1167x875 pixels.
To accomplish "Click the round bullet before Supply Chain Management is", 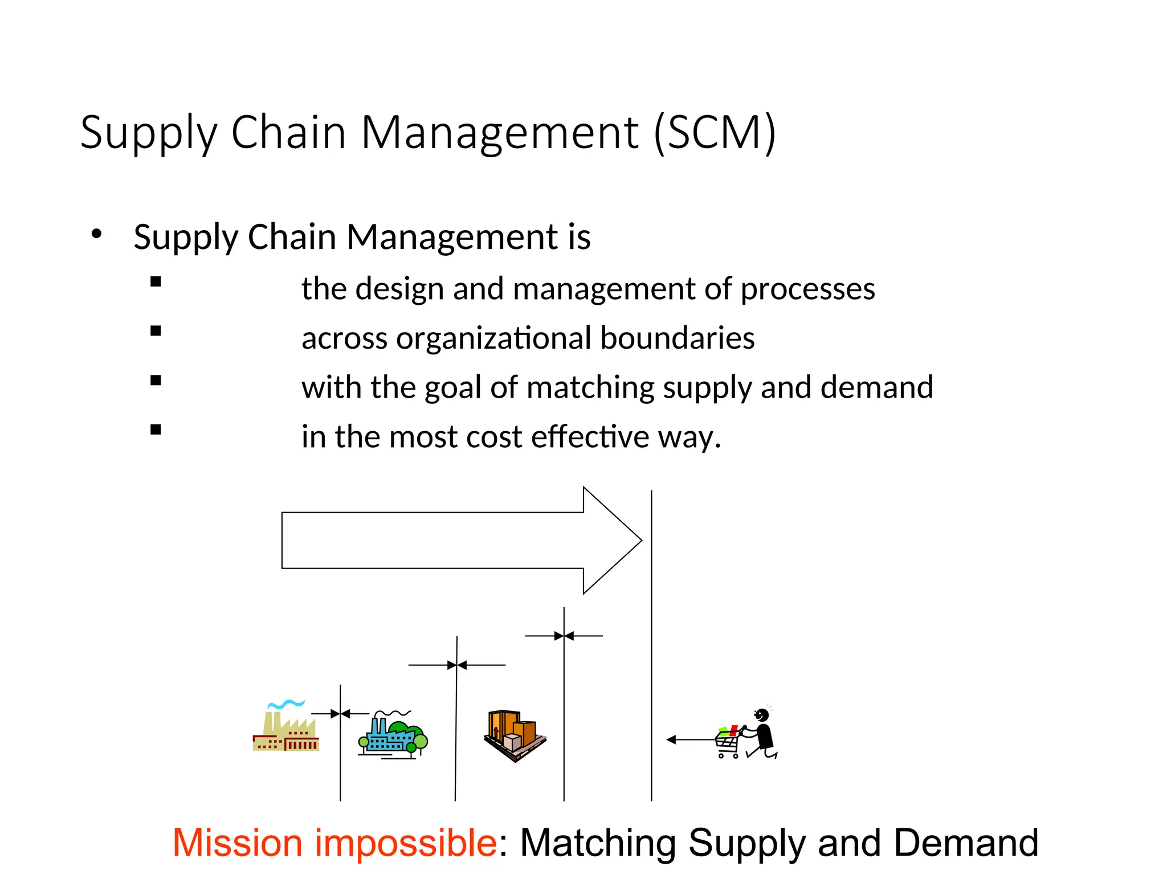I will point(96,234).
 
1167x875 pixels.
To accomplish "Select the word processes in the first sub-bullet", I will point(807,289).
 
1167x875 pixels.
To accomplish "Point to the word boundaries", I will point(677,338).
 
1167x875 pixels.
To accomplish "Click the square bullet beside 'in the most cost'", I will point(156,430).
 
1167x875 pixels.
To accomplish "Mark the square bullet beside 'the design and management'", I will point(156,281).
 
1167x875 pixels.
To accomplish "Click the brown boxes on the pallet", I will point(515,735).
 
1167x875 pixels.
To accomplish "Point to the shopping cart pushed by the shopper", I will point(728,742).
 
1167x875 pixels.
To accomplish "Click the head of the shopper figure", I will point(762,714).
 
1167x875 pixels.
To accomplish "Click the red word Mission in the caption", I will point(237,843).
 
